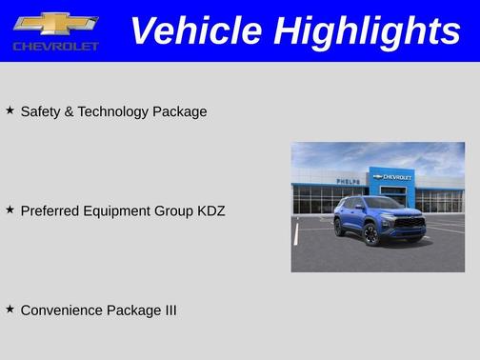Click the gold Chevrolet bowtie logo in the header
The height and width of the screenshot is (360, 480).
coord(55,24)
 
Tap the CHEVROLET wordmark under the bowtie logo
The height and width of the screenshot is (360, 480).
coord(55,46)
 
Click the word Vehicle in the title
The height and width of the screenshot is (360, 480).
coord(195,30)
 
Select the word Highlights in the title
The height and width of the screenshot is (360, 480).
coord(367,30)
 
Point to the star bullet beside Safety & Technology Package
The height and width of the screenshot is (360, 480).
coord(10,110)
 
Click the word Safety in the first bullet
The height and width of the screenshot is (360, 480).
coord(41,111)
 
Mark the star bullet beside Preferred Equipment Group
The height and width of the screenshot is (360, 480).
coord(10,210)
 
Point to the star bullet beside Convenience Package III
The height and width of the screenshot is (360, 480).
coord(10,309)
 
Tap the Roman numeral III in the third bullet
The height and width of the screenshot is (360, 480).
coord(168,310)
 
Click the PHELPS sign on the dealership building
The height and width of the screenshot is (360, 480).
coord(348,181)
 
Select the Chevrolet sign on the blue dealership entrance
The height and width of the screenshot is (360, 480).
coord(392,177)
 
